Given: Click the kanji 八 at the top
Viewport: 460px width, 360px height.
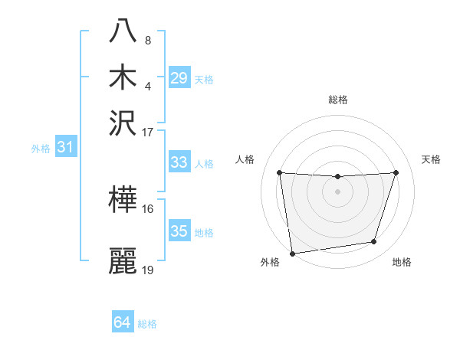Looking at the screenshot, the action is pyautogui.click(x=123, y=31).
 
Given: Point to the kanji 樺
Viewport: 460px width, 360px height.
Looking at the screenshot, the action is pyautogui.click(x=123, y=200).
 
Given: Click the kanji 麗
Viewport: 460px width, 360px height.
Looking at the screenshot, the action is pyautogui.click(x=123, y=260).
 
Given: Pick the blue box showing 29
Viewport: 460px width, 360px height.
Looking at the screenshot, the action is pyautogui.click(x=179, y=78).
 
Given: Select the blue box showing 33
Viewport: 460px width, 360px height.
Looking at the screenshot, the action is pyautogui.click(x=179, y=162).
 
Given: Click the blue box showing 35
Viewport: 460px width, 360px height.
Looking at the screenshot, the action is pyautogui.click(x=179, y=231).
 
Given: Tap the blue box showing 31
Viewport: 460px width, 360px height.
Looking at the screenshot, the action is pyautogui.click(x=65, y=148).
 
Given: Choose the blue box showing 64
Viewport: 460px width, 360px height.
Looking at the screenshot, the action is pyautogui.click(x=123, y=323).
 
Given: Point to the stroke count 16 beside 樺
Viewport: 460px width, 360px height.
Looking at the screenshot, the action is pyautogui.click(x=148, y=208).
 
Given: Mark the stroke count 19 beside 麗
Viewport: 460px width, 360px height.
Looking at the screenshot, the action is pyautogui.click(x=148, y=270).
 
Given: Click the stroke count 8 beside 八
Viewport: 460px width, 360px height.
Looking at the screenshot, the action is pyautogui.click(x=147, y=40).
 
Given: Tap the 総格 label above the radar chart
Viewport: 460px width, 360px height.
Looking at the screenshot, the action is pyautogui.click(x=338, y=100).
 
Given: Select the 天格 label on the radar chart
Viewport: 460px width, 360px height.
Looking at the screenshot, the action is pyautogui.click(x=431, y=159).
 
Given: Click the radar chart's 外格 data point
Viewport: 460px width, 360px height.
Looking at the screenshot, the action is pyautogui.click(x=292, y=253).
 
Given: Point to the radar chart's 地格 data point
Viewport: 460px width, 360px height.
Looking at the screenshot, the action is pyautogui.click(x=374, y=242).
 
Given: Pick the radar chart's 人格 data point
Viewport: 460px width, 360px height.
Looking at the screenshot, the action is pyautogui.click(x=279, y=172).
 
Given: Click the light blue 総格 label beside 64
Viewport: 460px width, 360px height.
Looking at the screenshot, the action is pyautogui.click(x=147, y=324).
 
